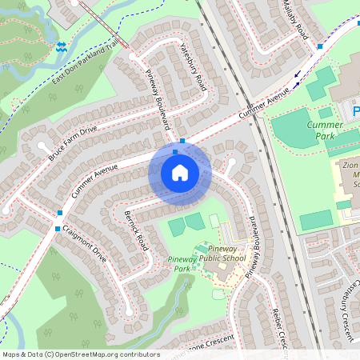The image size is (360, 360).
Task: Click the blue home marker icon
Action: point(180,172)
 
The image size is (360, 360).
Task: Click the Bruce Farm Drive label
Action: point(72,139)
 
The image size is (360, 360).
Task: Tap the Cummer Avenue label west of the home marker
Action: point(94,180)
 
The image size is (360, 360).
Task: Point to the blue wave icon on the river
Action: point(62,47)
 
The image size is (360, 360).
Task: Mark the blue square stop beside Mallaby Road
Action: point(319,46)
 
